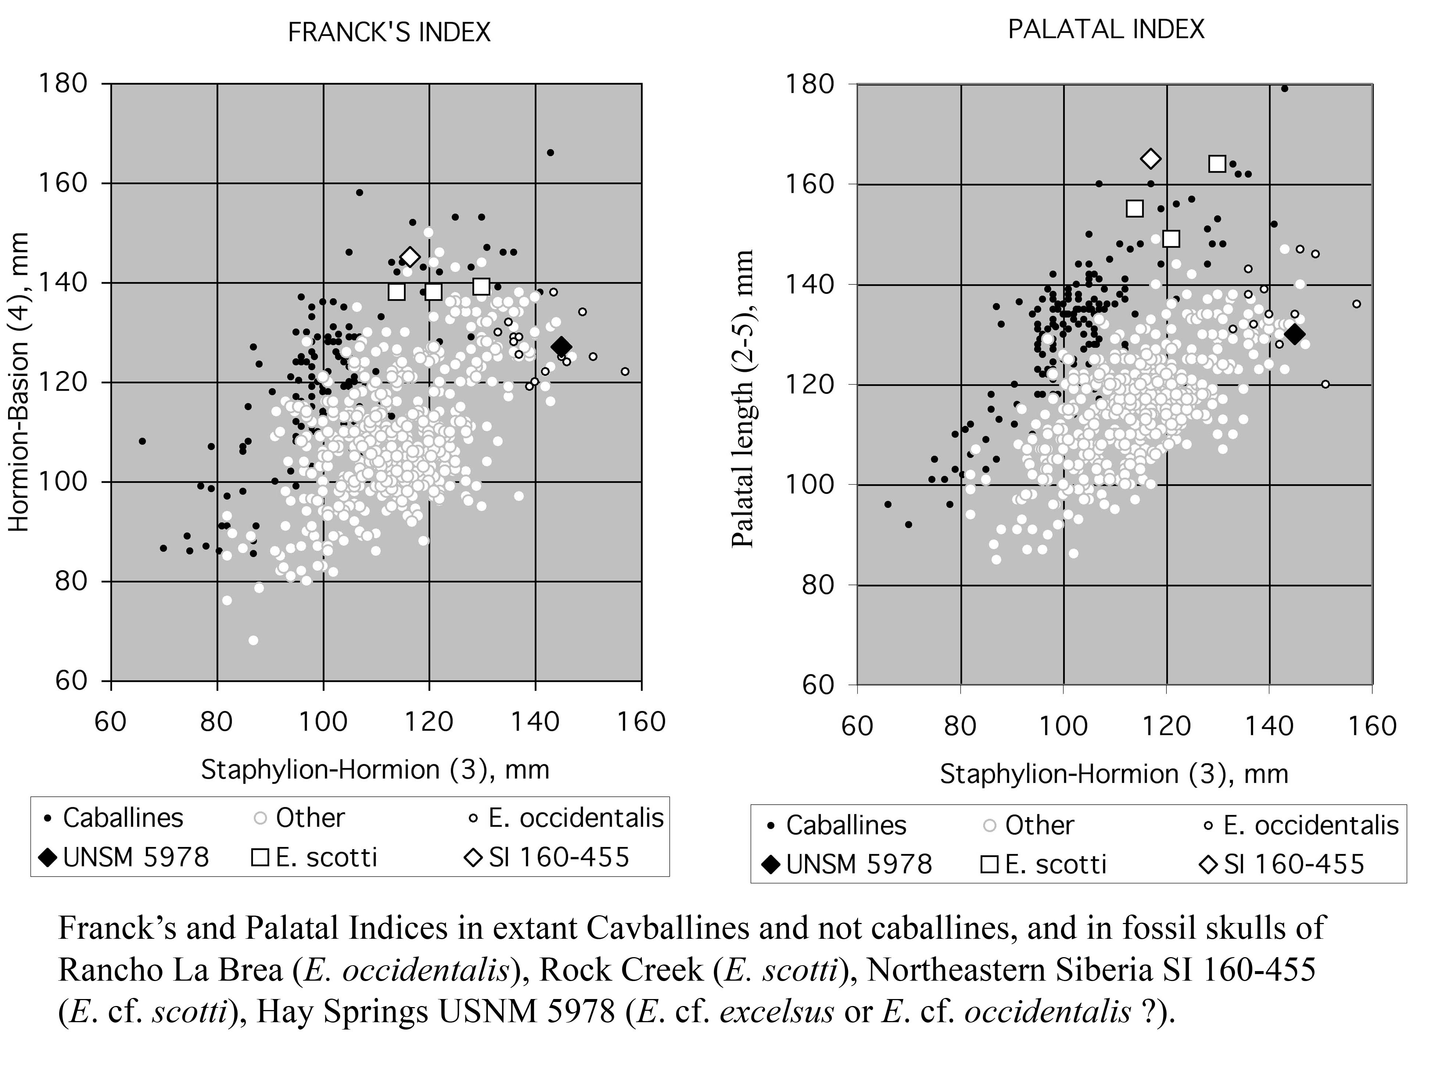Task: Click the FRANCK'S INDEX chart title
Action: [389, 32]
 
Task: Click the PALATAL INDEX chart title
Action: [1106, 30]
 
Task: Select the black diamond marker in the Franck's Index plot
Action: [561, 346]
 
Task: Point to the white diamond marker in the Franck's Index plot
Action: [410, 257]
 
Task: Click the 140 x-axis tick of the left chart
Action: [535, 722]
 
